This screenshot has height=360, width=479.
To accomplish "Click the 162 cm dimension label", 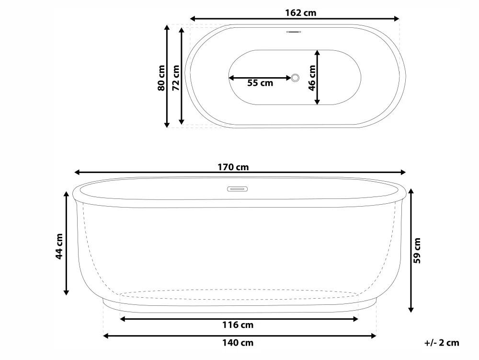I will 300,13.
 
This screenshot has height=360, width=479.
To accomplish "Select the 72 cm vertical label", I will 176,78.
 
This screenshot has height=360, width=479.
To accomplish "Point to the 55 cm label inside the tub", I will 260,83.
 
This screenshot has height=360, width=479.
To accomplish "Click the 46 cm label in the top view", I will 312,78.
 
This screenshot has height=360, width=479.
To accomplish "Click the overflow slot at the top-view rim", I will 294,33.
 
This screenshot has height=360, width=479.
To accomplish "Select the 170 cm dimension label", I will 233,167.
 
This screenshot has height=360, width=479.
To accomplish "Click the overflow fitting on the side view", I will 238,189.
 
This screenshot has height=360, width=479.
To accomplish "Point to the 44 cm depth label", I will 59,246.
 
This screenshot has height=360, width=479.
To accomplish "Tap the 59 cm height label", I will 417,251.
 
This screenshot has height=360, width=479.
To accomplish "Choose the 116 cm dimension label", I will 238,325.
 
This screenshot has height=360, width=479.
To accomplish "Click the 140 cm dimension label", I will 238,343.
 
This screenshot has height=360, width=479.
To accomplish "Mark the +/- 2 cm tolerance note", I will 441,343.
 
